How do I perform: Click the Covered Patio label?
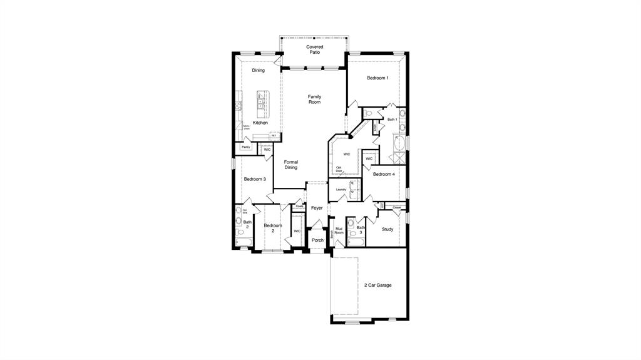coord(314,49)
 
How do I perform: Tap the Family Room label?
coord(314,99)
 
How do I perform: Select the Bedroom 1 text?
coord(377,78)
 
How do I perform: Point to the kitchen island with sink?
coord(262,104)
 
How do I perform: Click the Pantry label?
coord(246,147)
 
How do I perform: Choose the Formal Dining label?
coord(291,165)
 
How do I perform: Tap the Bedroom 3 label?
coord(255,179)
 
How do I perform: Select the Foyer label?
coord(317,208)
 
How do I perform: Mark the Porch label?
coord(318,240)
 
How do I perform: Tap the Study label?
coord(388,229)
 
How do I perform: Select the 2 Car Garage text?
coord(378,285)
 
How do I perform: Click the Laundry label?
coord(341,189)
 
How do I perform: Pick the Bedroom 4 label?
coord(384,174)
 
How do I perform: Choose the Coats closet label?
coord(299,206)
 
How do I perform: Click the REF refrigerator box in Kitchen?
coord(274,135)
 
